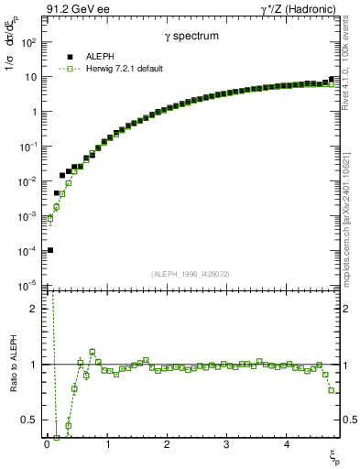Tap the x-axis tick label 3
tap(226, 446)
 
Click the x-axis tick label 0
tap(47, 446)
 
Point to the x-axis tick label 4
tap(286, 446)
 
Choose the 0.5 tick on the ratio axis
tap(30, 420)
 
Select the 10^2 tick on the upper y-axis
tap(28, 42)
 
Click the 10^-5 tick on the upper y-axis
tap(28, 285)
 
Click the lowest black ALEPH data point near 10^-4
tap(50, 250)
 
